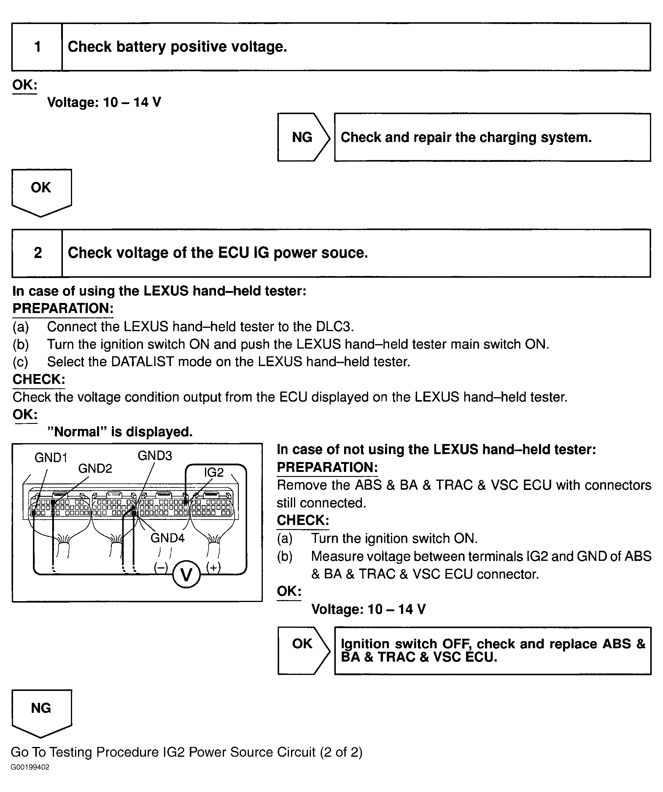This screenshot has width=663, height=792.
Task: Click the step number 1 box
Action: tap(37, 47)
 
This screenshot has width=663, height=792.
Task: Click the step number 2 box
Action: tap(37, 253)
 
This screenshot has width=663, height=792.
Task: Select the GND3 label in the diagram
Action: tap(155, 456)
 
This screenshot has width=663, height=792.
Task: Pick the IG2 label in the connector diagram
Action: tap(214, 472)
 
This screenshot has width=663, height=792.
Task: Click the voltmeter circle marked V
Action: tap(186, 574)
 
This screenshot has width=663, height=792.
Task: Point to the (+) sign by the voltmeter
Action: tap(213, 567)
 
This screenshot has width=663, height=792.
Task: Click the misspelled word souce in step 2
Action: tap(344, 253)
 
